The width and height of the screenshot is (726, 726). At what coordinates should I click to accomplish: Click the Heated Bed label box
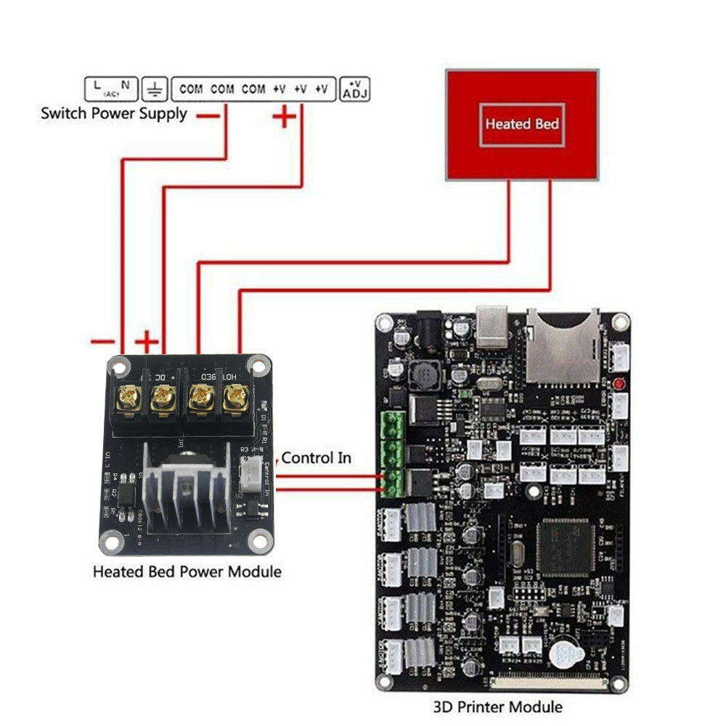(x=522, y=124)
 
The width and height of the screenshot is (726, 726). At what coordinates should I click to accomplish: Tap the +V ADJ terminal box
(x=355, y=89)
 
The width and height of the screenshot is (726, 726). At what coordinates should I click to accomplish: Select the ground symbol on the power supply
(x=154, y=89)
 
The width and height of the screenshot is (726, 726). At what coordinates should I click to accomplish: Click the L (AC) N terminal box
(x=111, y=89)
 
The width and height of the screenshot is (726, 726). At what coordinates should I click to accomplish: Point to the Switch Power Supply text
(x=113, y=113)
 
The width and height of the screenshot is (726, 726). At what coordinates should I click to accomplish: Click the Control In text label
(x=317, y=457)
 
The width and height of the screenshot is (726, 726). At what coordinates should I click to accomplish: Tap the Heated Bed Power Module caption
(x=187, y=571)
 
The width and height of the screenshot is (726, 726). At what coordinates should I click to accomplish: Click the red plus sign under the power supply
(x=285, y=115)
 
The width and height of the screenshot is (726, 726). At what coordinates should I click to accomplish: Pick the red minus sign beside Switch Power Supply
(x=209, y=115)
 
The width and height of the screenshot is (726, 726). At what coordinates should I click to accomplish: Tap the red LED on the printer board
(x=619, y=383)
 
